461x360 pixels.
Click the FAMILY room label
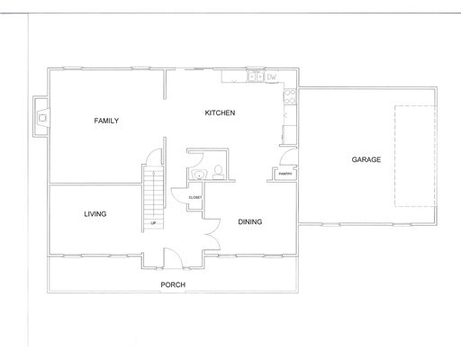[106, 121]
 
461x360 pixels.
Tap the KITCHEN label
[220, 112]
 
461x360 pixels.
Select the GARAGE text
[366, 159]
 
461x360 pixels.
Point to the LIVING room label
[95, 214]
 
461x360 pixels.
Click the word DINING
[249, 221]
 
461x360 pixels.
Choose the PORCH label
[173, 284]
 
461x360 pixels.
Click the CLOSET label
[194, 196]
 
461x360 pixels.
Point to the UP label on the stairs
[154, 222]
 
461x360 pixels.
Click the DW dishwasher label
[271, 77]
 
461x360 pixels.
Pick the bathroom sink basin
[197, 174]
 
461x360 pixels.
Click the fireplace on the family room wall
[41, 116]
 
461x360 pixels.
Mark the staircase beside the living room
[153, 197]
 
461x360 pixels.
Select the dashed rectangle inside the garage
[415, 155]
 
